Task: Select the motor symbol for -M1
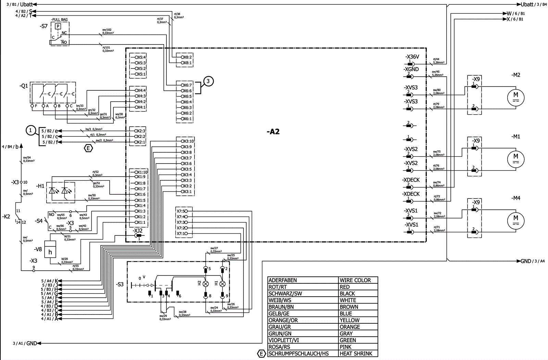[515, 158]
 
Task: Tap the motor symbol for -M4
[515, 220]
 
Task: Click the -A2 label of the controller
[273, 132]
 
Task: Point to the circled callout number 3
[209, 81]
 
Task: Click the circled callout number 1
[31, 130]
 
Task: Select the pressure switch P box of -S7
[58, 26]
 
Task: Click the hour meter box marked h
[50, 252]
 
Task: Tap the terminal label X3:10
[187, 141]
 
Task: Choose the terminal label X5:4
[140, 57]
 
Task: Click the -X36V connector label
[412, 57]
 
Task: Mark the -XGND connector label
[411, 69]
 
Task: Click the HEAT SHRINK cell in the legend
[356, 353]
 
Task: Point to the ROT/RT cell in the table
[278, 287]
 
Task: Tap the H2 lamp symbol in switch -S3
[206, 284]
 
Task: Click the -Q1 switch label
[24, 86]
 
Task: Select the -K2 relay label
[6, 217]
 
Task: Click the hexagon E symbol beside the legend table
[261, 353]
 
